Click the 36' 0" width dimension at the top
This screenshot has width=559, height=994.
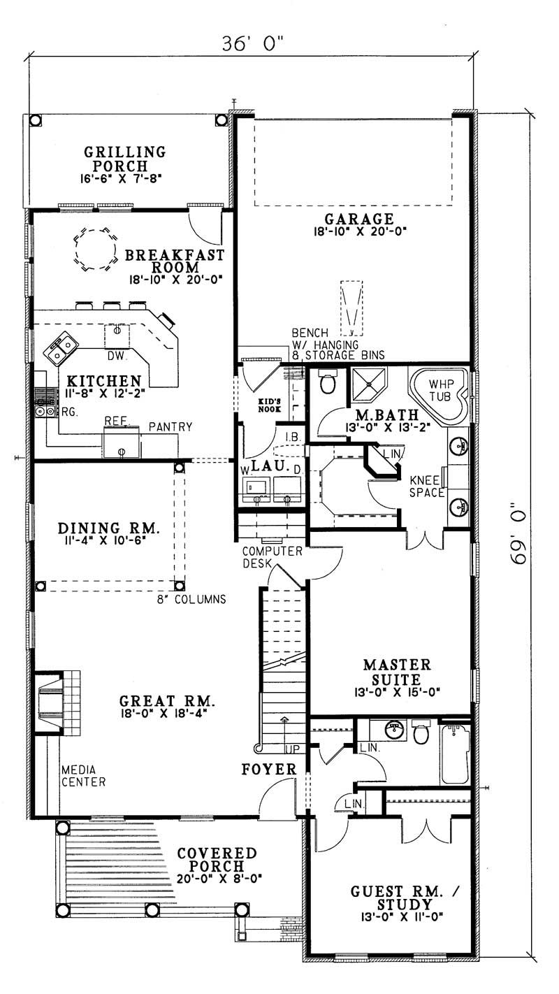point(254,43)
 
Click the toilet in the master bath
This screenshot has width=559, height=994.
point(327,382)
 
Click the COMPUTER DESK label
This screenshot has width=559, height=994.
point(272,556)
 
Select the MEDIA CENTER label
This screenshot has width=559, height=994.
point(82,776)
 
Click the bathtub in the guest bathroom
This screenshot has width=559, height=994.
point(456,755)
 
